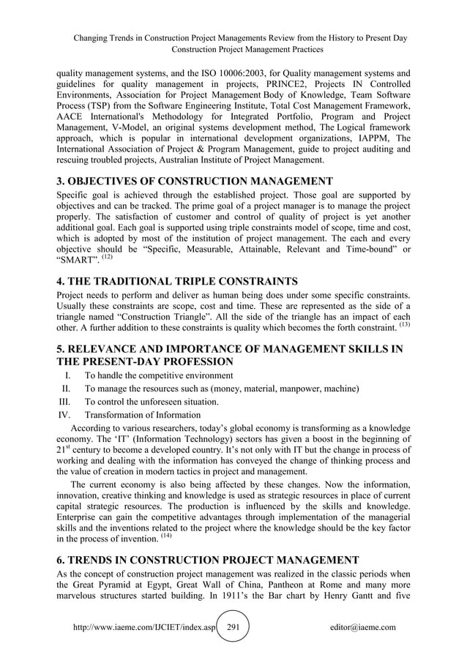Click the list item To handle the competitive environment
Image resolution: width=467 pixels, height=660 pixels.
(159, 376)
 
